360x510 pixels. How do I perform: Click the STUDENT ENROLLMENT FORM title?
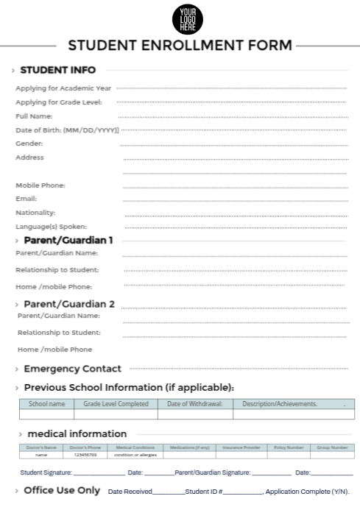[180, 45]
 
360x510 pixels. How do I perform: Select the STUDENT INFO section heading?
[57, 71]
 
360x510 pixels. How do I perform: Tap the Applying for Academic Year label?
[63, 88]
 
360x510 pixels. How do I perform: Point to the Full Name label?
[34, 116]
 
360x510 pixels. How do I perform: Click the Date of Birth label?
[67, 130]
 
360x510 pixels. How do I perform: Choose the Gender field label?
[29, 144]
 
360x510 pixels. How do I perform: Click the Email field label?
[27, 199]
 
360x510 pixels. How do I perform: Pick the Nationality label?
[35, 213]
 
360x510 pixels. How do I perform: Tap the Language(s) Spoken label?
[52, 227]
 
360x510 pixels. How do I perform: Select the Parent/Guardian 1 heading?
[68, 241]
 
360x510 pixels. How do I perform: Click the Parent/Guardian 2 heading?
[69, 304]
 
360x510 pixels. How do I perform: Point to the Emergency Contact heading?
[72, 369]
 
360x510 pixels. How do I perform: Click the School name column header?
[46, 404]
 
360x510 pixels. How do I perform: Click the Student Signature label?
[46, 472]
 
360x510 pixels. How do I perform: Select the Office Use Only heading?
[62, 491]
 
